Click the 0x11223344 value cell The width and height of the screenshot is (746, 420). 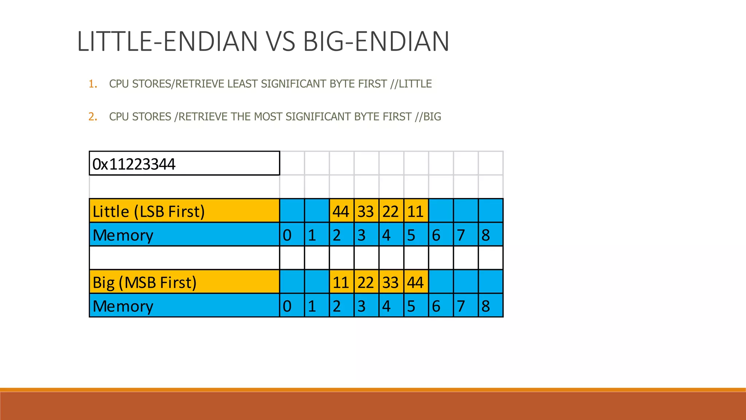tap(184, 164)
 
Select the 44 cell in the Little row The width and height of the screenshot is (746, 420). tap(341, 211)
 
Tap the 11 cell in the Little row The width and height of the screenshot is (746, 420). tap(416, 211)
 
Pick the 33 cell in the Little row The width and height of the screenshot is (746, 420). tap(366, 211)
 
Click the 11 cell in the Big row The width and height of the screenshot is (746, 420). tap(341, 282)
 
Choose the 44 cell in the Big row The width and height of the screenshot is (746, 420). tap(416, 282)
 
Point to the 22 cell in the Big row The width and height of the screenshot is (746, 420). tap(366, 282)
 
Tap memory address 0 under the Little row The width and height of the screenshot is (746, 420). tap(292, 235)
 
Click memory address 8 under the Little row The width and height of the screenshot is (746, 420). tap(490, 235)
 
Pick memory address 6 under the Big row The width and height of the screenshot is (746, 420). tap(441, 306)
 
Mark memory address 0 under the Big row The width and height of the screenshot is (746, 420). tap(292, 306)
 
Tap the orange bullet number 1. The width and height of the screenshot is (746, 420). tap(93, 84)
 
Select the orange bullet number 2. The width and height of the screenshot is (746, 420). tap(93, 117)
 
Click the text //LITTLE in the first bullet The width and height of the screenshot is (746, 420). tap(411, 84)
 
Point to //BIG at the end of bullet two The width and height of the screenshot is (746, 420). tap(428, 117)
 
